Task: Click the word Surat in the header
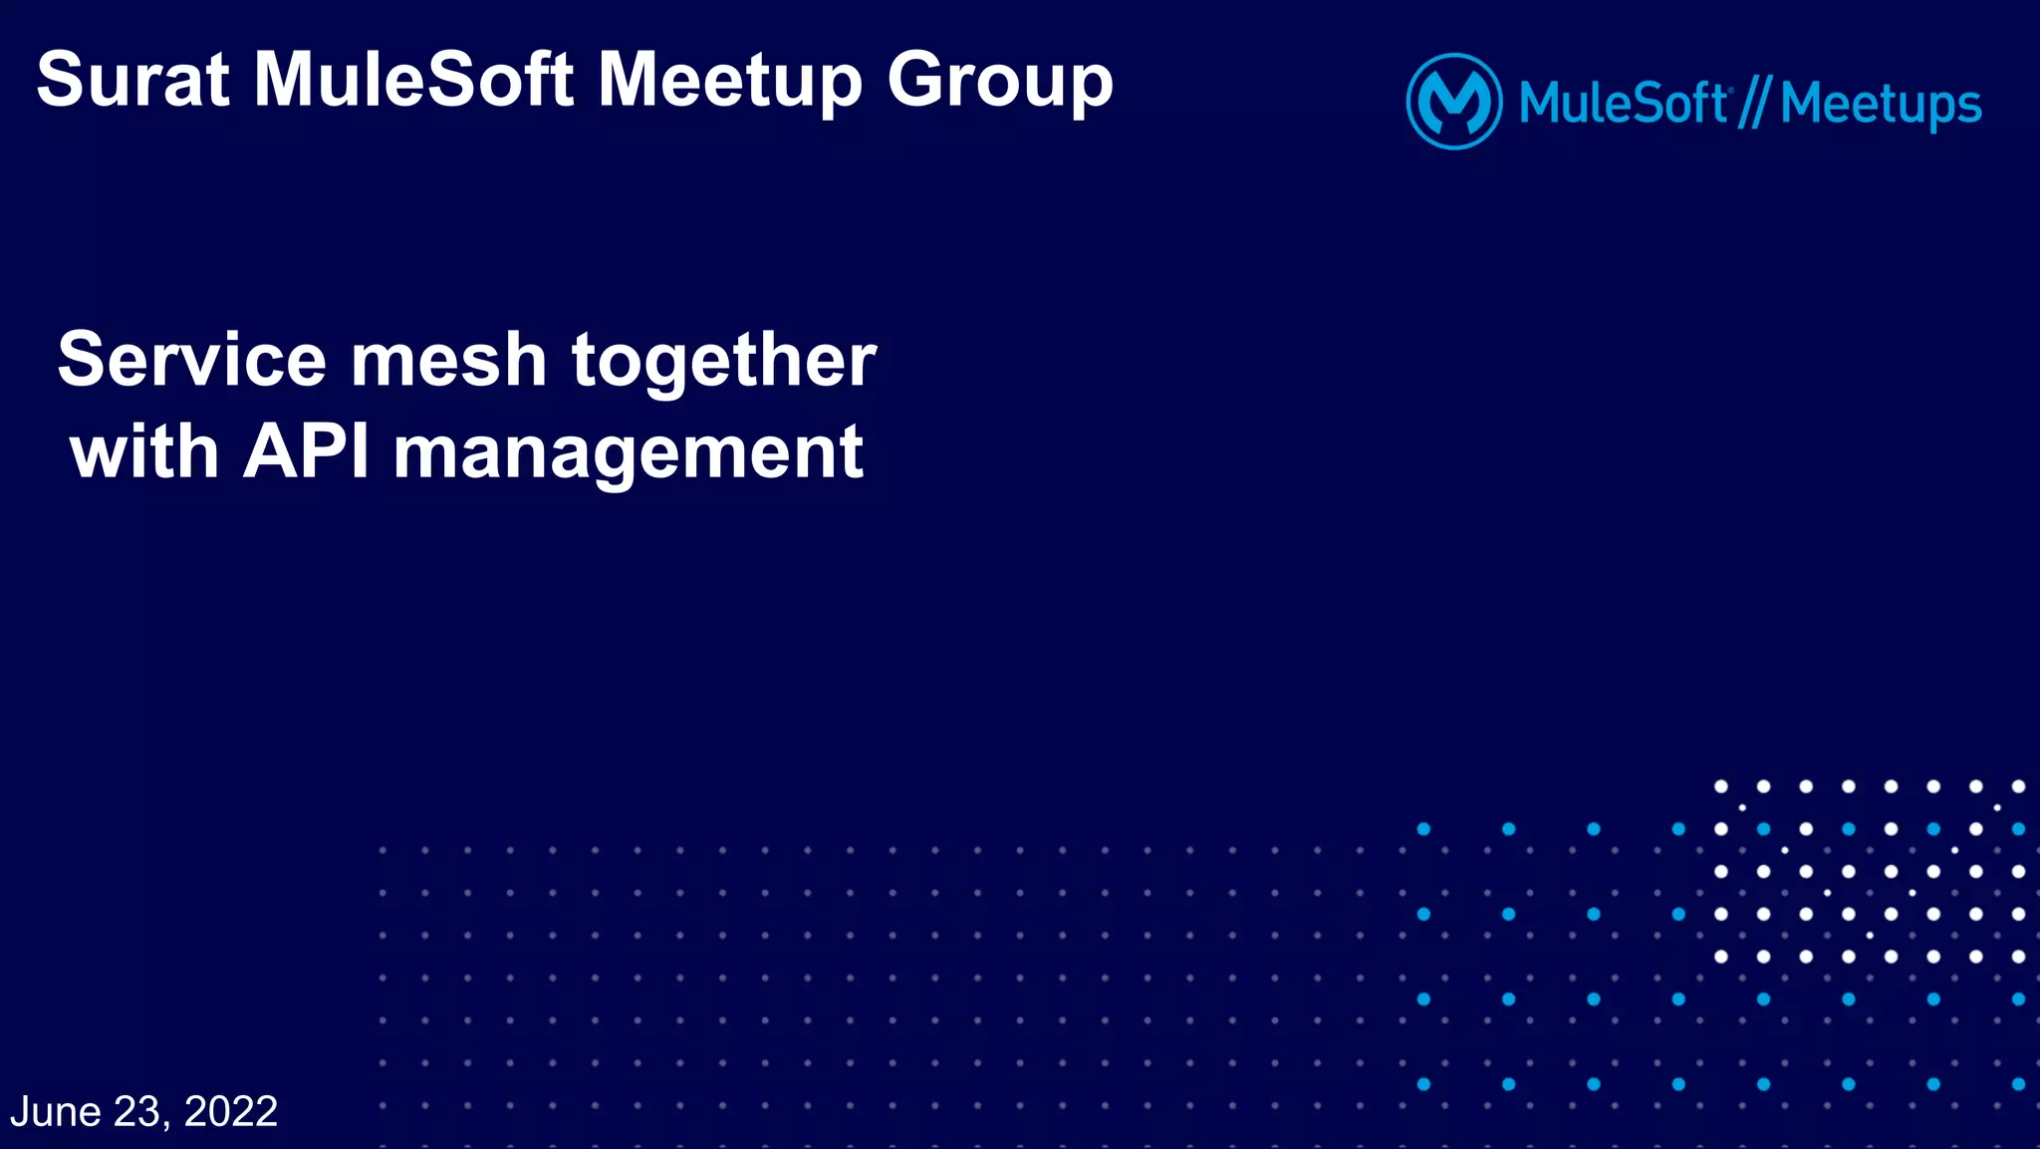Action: coord(133,80)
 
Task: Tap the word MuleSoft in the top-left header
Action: coord(413,80)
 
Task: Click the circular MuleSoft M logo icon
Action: coord(1453,102)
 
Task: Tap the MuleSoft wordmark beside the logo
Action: coord(1624,104)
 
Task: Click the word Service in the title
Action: coord(191,360)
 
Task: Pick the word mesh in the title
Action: coord(448,360)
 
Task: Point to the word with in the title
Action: coord(144,451)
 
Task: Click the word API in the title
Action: coord(306,451)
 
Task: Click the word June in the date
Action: coord(56,1111)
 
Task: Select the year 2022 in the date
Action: coord(231,1111)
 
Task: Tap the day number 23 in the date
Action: coord(137,1111)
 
